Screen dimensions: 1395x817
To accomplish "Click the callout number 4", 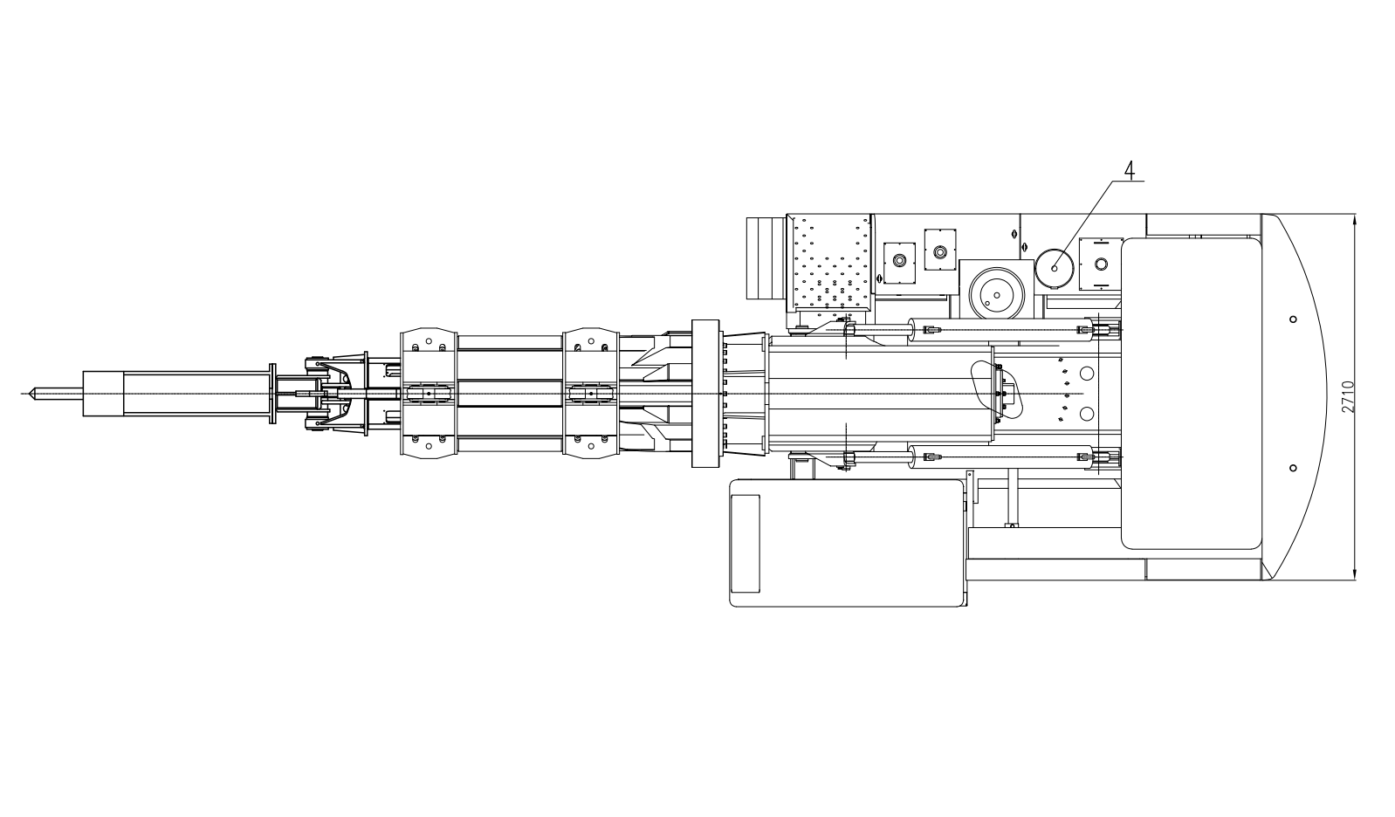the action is pyautogui.click(x=1130, y=169).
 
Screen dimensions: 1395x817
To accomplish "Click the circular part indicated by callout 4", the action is pyautogui.click(x=1055, y=268).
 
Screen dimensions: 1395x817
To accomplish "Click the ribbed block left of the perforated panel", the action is pyautogui.click(x=766, y=258).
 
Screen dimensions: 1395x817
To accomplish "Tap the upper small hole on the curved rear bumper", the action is pyautogui.click(x=1293, y=319).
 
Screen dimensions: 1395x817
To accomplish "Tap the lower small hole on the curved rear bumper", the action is pyautogui.click(x=1293, y=468).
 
